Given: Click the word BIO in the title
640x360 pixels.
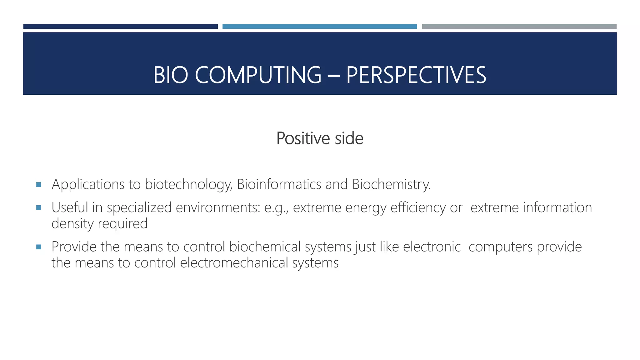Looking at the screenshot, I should [x=171, y=75].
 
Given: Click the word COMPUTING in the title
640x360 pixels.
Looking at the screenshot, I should [x=258, y=75].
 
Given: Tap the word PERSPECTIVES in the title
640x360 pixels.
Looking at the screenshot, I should [x=416, y=75].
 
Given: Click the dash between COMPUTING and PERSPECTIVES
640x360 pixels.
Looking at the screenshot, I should [x=333, y=76].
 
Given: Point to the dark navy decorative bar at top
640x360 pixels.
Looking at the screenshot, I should [x=120, y=27].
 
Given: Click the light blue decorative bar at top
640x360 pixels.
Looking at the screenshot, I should [x=319, y=27].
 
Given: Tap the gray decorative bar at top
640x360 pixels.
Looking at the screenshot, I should [x=519, y=27].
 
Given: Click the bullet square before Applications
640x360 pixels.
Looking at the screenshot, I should [x=39, y=185].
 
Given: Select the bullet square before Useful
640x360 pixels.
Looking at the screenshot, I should [x=39, y=208].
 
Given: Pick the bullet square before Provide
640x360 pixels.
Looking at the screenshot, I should [x=39, y=247].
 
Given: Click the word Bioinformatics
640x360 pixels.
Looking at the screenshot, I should [x=279, y=184].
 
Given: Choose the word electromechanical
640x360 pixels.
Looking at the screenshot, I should [x=234, y=263].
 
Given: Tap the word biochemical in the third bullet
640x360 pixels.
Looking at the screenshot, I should [x=265, y=247].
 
